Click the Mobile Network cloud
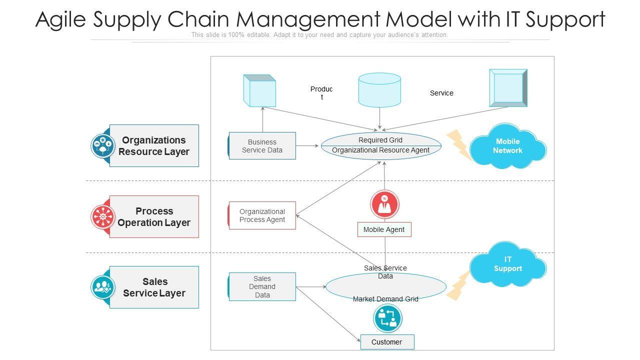pyautogui.click(x=507, y=146)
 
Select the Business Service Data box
pyautogui.click(x=262, y=146)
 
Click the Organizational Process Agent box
pyautogui.click(x=262, y=215)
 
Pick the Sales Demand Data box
pyautogui.click(x=262, y=286)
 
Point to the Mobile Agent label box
pyautogui.click(x=384, y=229)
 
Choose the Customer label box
pyautogui.click(x=387, y=342)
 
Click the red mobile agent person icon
pyautogui.click(x=384, y=204)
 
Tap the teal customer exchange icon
pyautogui.click(x=387, y=318)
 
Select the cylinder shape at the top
pyautogui.click(x=379, y=90)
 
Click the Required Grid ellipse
pyautogui.click(x=381, y=145)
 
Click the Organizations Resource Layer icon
pyautogui.click(x=102, y=146)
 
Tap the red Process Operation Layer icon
pyautogui.click(x=102, y=216)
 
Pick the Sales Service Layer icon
pyautogui.click(x=102, y=287)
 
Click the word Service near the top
pyautogui.click(x=441, y=93)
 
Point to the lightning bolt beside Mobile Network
pyautogui.click(x=457, y=144)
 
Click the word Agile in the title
pyautogui.click(x=61, y=19)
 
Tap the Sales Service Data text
pyautogui.click(x=385, y=272)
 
